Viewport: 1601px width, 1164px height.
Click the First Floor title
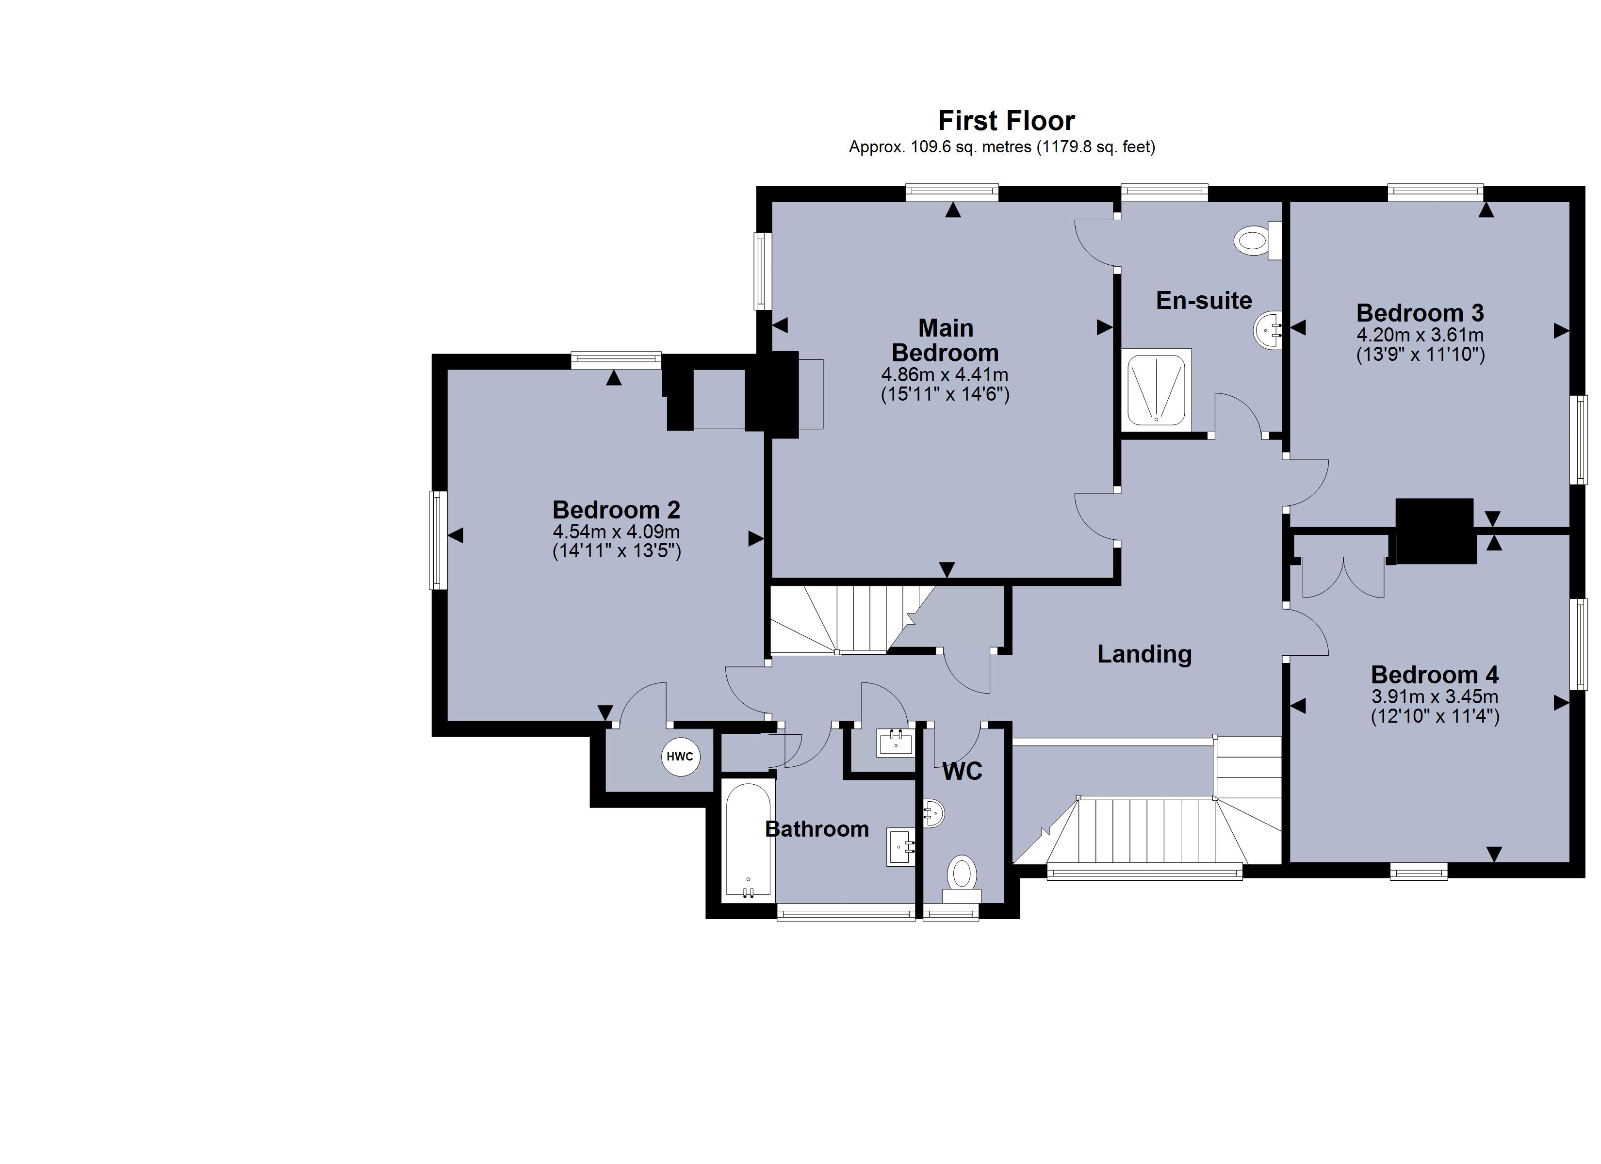tap(1005, 121)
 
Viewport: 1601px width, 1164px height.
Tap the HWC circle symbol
tap(680, 757)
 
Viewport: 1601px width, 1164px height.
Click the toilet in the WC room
tap(962, 876)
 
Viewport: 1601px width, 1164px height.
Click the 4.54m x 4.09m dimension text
tap(616, 532)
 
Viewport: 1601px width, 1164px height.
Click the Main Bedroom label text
tap(945, 340)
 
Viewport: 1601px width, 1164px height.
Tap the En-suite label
tap(1204, 301)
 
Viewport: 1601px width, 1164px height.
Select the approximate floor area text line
tap(1001, 147)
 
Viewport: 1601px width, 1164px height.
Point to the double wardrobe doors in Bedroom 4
tap(1342, 579)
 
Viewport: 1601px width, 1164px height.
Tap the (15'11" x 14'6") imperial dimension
tap(945, 394)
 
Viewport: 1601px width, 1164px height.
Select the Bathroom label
tap(817, 829)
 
